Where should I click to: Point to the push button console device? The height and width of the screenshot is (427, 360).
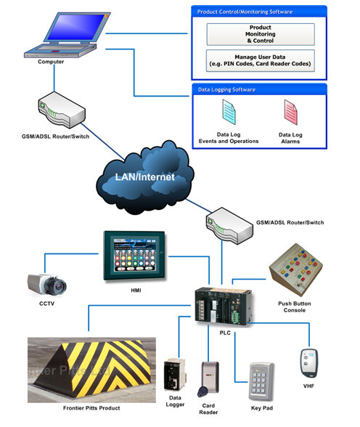tap(297, 270)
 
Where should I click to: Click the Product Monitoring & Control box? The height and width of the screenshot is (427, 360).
tap(261, 34)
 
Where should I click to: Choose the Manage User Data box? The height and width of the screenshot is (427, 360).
tap(261, 59)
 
